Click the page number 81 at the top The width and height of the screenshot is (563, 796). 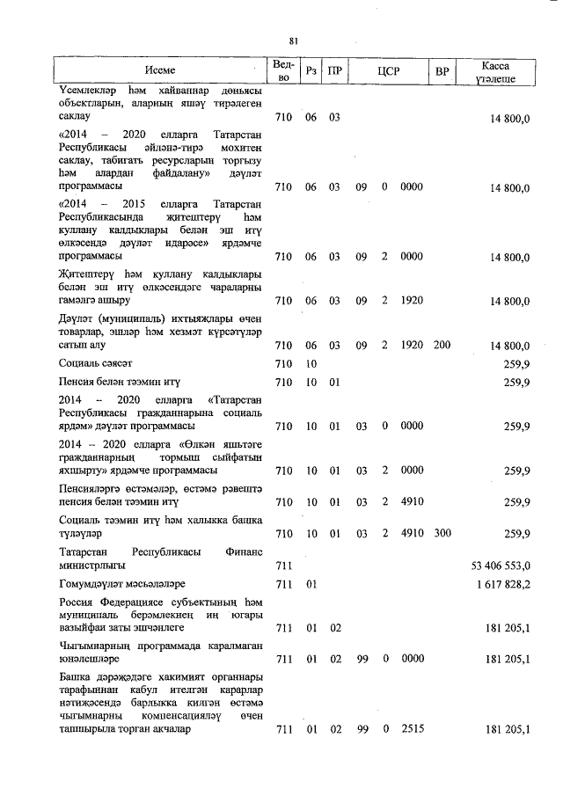pyautogui.click(x=294, y=39)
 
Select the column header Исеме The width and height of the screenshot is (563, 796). pyautogui.click(x=160, y=70)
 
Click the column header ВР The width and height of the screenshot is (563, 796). pyautogui.click(x=442, y=70)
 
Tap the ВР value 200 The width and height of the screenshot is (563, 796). pyautogui.click(x=442, y=345)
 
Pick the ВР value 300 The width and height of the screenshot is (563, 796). pyautogui.click(x=442, y=533)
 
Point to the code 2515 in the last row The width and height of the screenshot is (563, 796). pyautogui.click(x=411, y=728)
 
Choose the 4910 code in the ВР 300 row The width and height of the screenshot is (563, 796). pyautogui.click(x=411, y=533)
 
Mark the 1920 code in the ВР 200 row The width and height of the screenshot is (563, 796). pyautogui.click(x=411, y=345)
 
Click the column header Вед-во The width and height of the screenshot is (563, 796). pyautogui.click(x=283, y=70)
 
